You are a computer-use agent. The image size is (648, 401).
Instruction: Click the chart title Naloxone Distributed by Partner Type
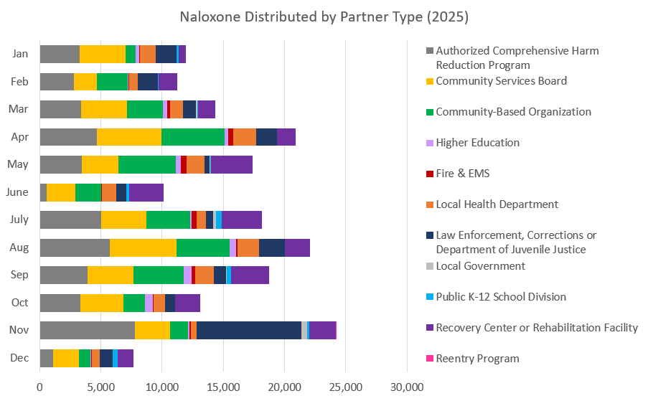(324, 16)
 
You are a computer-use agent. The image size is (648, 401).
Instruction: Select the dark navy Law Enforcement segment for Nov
(249, 330)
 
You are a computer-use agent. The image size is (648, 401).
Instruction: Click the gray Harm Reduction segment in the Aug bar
(75, 247)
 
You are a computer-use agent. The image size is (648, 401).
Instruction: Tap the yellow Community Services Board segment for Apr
(129, 137)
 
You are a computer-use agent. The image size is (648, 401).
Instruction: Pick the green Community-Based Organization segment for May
(147, 164)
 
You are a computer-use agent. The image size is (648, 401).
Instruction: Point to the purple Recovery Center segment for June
(146, 192)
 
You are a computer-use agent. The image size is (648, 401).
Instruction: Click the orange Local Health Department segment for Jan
(147, 54)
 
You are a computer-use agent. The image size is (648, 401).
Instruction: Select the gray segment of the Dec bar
(46, 358)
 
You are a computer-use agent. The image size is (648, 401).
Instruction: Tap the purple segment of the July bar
(242, 220)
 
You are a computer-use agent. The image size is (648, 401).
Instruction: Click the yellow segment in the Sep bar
(111, 275)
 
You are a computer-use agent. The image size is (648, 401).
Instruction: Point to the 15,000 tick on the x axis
(223, 387)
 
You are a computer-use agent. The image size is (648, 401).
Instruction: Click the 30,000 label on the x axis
(407, 387)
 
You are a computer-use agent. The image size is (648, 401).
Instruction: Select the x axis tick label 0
(39, 387)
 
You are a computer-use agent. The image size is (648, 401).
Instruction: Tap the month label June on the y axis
(17, 192)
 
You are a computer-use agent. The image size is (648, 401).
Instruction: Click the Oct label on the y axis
(19, 303)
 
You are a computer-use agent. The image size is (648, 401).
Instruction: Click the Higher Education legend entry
(477, 142)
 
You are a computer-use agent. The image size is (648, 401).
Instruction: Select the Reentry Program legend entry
(477, 359)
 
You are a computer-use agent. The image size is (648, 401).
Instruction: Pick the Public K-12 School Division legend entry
(500, 297)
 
